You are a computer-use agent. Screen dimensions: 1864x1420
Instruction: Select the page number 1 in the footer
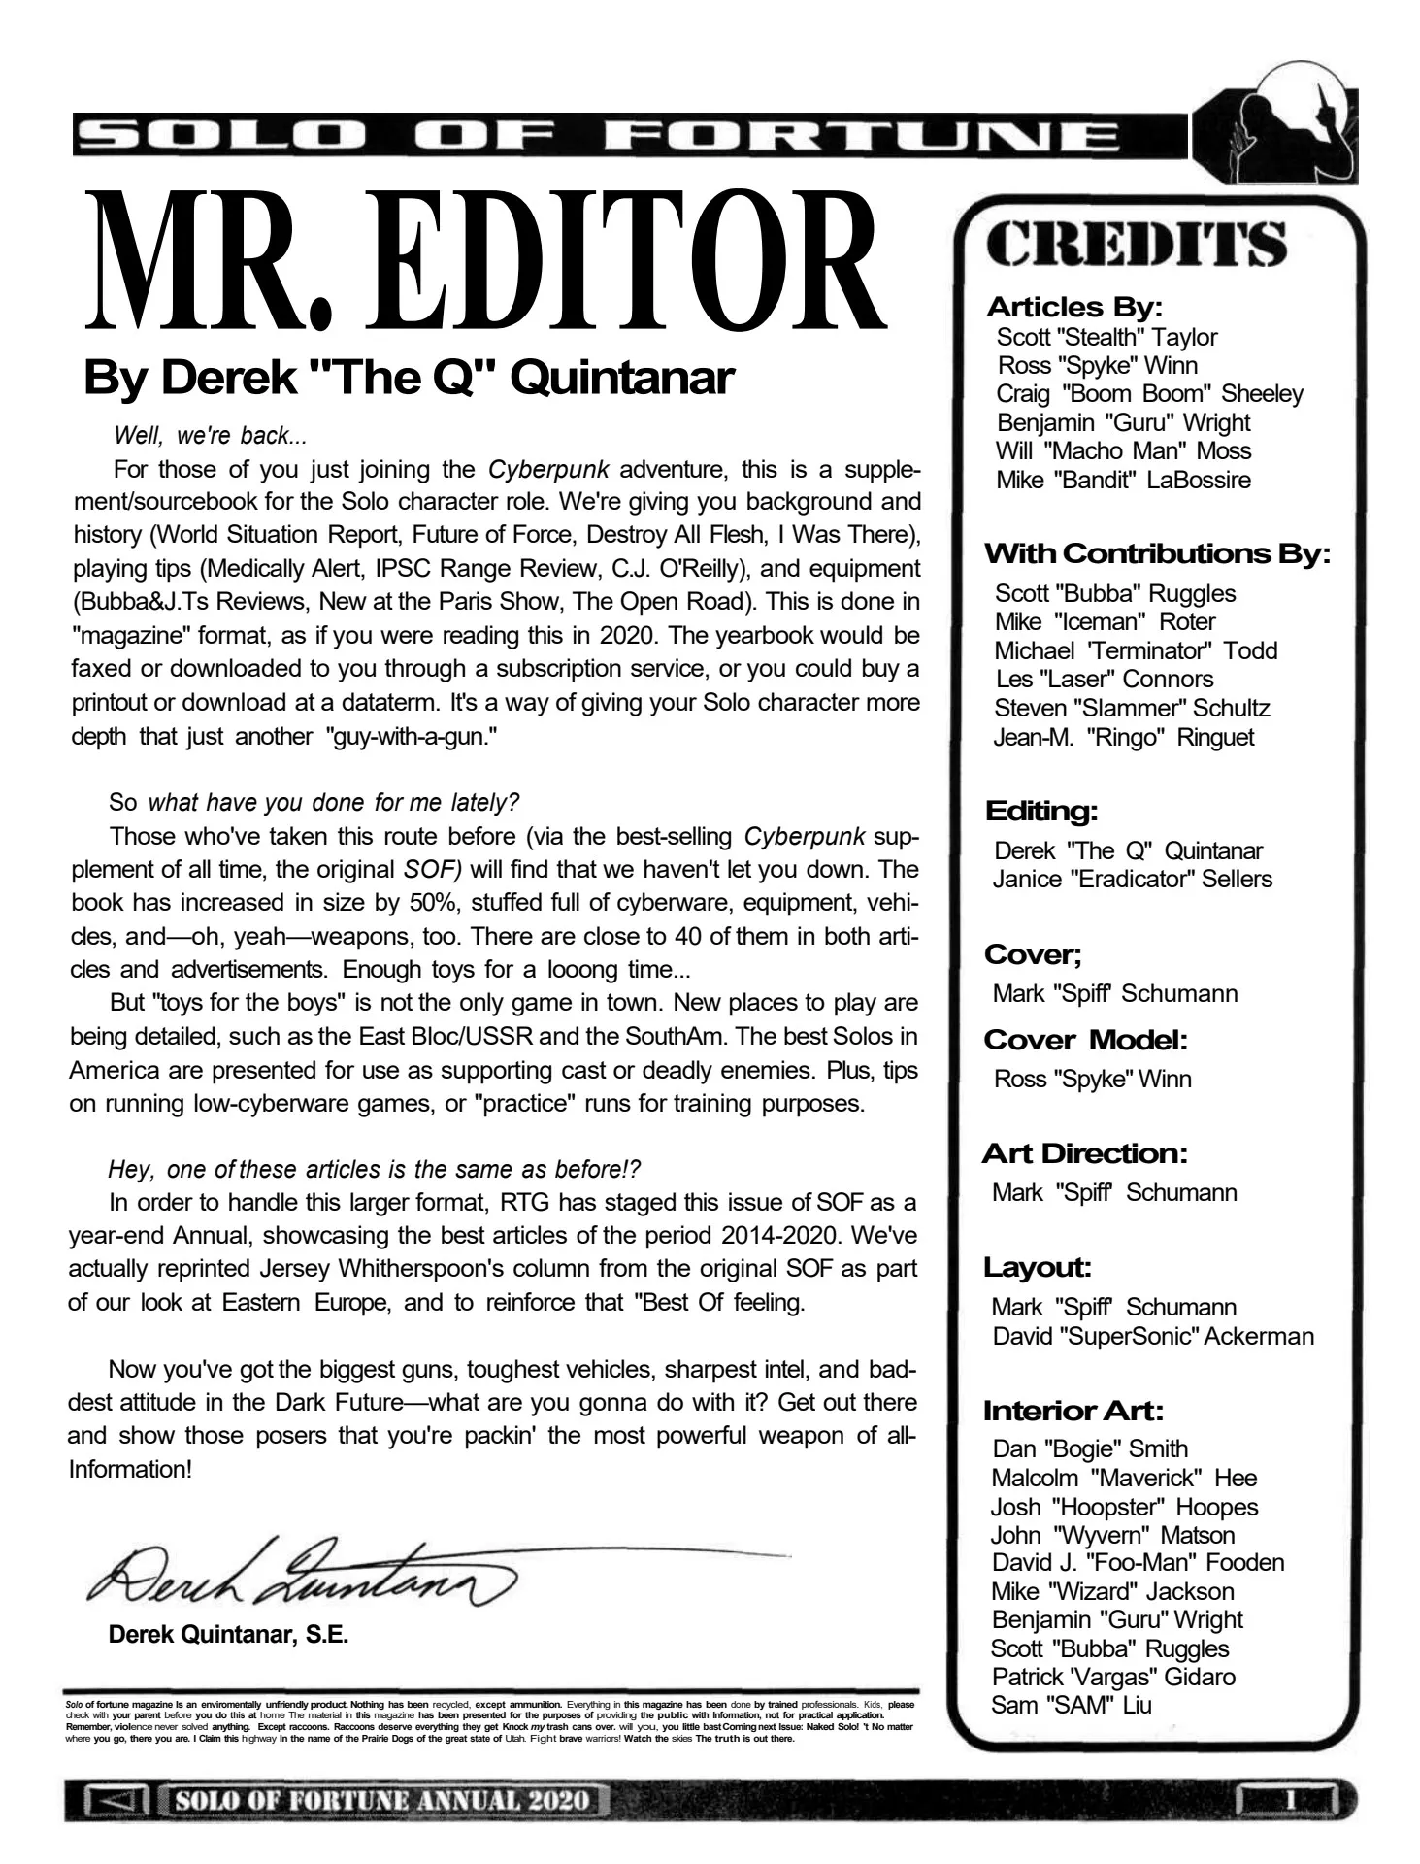click(1290, 1801)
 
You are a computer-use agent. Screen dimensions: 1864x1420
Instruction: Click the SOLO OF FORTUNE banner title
click(597, 136)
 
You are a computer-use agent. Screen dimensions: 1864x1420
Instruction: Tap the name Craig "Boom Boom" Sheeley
click(1149, 394)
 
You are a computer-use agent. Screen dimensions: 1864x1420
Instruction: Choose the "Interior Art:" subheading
click(1073, 1410)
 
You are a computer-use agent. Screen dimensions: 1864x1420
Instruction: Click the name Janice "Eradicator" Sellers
click(1133, 880)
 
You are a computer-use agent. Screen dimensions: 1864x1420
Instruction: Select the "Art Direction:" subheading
click(1084, 1153)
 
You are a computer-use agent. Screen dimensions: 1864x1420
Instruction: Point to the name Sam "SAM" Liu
click(1071, 1705)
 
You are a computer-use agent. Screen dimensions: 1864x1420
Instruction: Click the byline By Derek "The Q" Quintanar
click(409, 377)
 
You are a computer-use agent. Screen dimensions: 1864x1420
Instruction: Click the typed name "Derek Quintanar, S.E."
click(228, 1634)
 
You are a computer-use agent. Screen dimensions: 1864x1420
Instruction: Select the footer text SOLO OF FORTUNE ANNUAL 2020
click(382, 1801)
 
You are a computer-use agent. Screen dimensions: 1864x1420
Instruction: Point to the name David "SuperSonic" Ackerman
click(1153, 1336)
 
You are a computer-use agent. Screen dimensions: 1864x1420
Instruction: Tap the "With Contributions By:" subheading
click(1156, 554)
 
